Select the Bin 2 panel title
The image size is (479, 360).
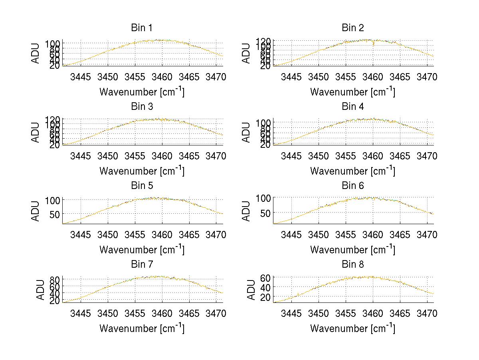(x=352, y=28)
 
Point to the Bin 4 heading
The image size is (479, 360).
(x=352, y=107)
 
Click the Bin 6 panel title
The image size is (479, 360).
(x=352, y=186)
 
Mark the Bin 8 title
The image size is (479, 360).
(x=352, y=265)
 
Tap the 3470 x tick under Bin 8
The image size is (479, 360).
(x=427, y=313)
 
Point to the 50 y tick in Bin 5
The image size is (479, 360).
(x=55, y=214)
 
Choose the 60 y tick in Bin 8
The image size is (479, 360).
(x=266, y=278)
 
